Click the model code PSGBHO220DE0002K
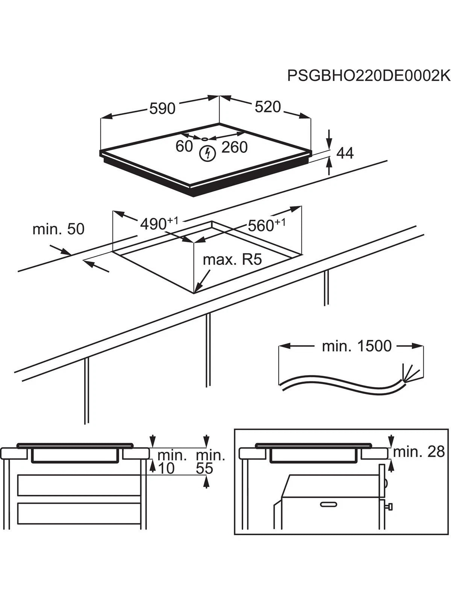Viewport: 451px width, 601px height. pos(368,76)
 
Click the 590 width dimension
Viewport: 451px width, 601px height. pos(162,109)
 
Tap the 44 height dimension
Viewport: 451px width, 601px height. pos(345,153)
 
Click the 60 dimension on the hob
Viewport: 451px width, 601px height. pos(184,147)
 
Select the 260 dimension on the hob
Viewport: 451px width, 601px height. pos(235,148)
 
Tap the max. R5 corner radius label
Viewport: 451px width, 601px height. pos(232,260)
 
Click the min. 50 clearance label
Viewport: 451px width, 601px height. pos(59,229)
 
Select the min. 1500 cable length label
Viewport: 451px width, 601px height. pos(356,346)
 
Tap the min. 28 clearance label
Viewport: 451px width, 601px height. pos(419,452)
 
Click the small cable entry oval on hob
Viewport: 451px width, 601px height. pos(204,138)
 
